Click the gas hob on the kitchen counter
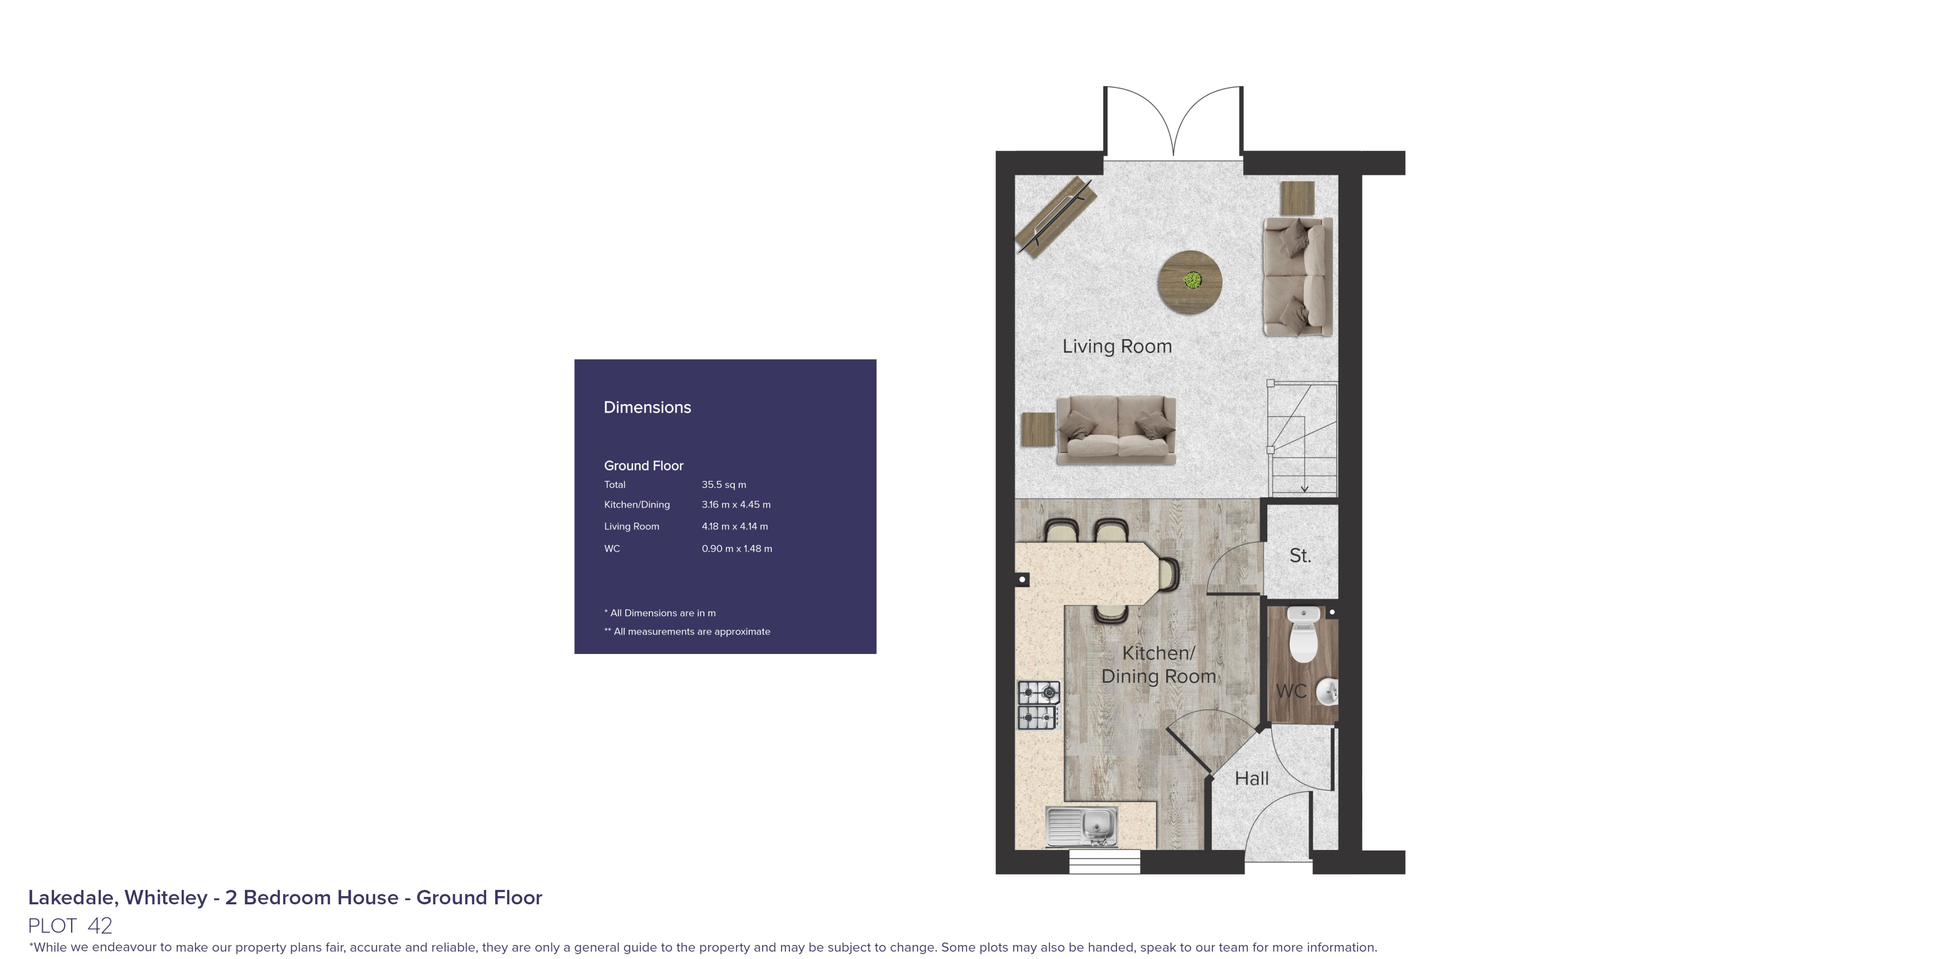pos(1038,704)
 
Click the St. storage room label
pos(1300,556)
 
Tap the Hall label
pos(1251,779)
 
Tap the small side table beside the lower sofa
pos(1037,429)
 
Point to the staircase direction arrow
pos(1304,488)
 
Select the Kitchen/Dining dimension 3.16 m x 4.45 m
pos(735,504)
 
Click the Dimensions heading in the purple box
pos(647,407)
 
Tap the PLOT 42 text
pos(70,926)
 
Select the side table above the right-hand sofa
pos(1297,198)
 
